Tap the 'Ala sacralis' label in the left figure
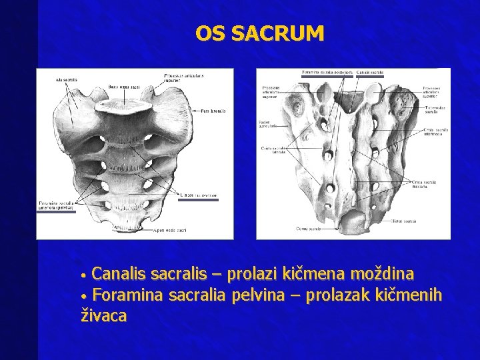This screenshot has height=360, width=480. tap(67, 80)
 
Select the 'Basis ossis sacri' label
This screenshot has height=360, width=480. tap(124, 86)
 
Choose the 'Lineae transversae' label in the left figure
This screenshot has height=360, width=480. tap(198, 195)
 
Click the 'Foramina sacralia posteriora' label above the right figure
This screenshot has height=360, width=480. tap(327, 72)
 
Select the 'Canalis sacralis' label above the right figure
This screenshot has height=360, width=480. tap(370, 72)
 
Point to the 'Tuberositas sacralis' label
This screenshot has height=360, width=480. tap(434, 109)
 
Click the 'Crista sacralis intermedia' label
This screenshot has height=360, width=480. tap(435, 133)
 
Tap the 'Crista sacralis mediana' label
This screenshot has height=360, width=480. tap(425, 183)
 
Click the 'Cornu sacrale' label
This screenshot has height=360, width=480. tap(309, 229)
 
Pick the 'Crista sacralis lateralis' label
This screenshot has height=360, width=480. tap(273, 150)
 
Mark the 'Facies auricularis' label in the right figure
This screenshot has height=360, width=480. tap(268, 125)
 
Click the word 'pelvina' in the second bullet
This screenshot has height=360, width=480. tap(261, 295)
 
